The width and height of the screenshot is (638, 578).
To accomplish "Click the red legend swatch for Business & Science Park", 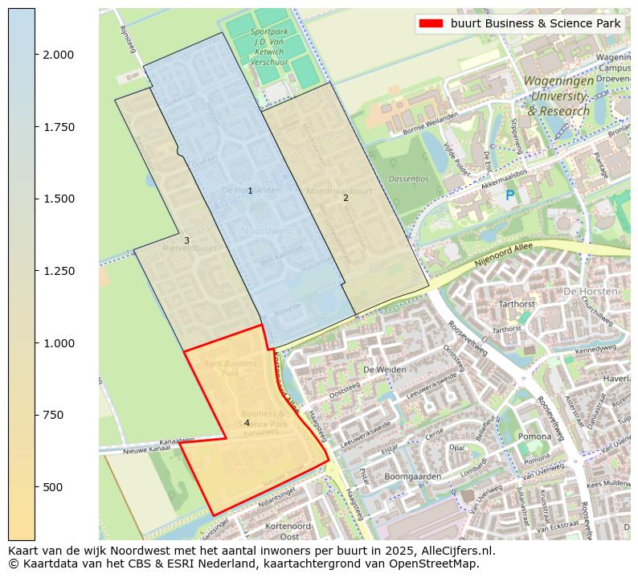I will click(430, 23).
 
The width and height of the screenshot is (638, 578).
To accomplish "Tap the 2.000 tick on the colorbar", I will click(58, 55).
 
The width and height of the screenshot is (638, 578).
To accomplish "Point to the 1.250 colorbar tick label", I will click(58, 271).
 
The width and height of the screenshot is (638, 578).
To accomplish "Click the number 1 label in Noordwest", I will click(250, 191).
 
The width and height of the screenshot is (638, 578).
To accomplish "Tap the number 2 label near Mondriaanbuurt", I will click(346, 198).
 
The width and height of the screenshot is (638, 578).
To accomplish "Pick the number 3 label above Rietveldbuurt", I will click(186, 240).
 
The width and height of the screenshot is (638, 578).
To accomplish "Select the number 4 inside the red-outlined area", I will click(247, 423).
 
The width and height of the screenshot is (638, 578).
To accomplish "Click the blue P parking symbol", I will click(509, 195).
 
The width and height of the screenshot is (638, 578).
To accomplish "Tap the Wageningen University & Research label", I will click(559, 96).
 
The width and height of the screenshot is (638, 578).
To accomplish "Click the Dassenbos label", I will click(408, 178).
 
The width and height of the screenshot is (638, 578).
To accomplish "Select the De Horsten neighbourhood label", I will click(591, 291).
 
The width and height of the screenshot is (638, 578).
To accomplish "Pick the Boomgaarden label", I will click(413, 477).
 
